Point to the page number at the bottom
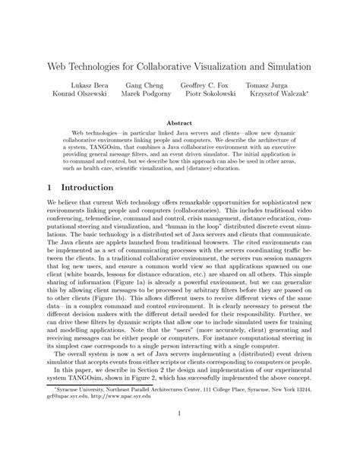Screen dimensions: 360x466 tap(179, 435)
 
